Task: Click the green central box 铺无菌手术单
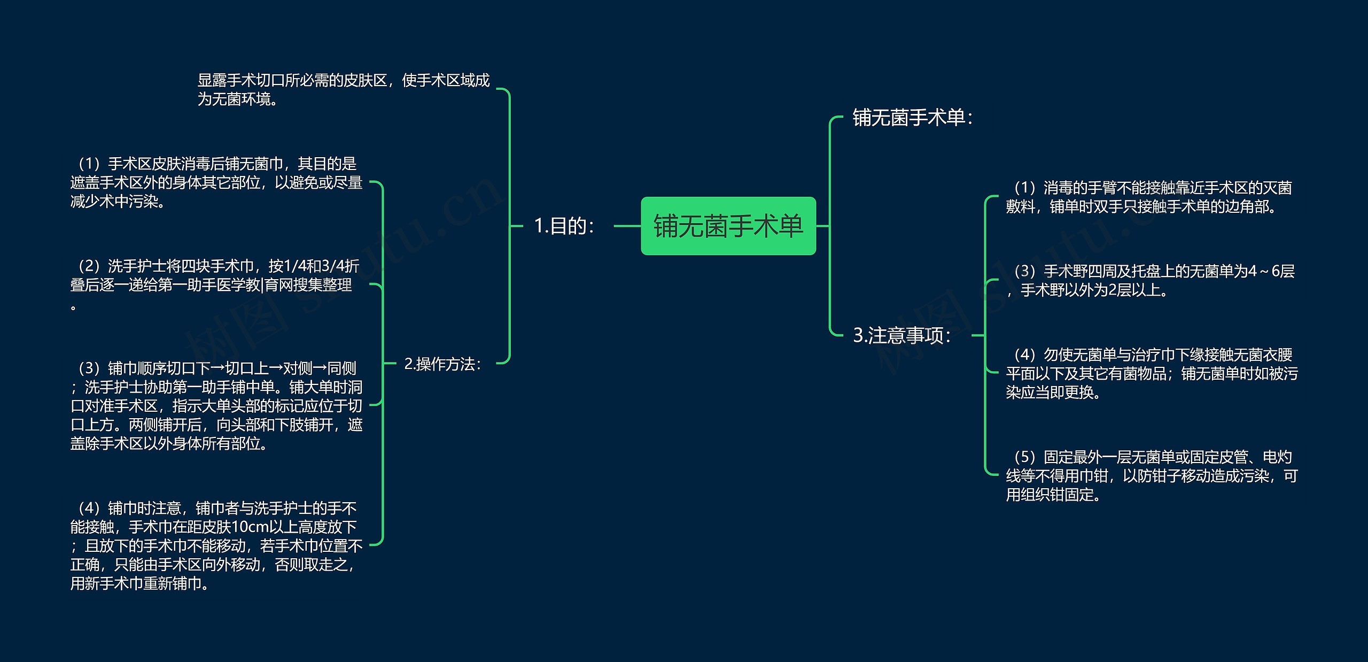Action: point(728,226)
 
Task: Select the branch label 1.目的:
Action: point(564,226)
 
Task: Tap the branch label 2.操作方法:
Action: point(442,364)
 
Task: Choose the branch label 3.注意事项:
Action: point(901,335)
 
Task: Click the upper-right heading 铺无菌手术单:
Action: point(912,118)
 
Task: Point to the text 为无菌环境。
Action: point(238,99)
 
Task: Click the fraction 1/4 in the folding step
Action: point(294,266)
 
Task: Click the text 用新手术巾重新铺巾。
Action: point(140,583)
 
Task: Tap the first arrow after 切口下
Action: point(218,368)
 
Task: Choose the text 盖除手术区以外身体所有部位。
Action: point(169,443)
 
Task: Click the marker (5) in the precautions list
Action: point(1024,457)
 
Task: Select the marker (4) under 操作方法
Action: point(89,508)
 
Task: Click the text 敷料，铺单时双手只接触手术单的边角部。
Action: point(1141,206)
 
